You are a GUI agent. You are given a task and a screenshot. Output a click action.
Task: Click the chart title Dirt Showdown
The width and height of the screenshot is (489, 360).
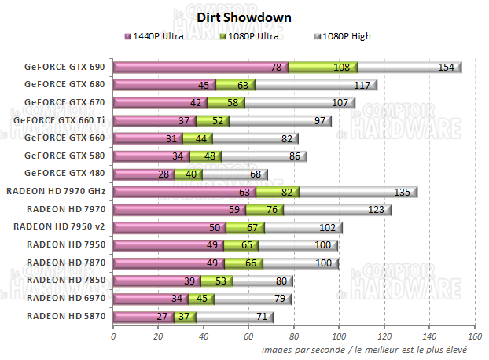(244, 17)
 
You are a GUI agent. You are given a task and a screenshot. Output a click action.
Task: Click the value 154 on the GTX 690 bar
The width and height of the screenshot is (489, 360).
(446, 68)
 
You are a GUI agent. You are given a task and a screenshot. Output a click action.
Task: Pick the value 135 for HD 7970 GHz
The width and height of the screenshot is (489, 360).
(402, 192)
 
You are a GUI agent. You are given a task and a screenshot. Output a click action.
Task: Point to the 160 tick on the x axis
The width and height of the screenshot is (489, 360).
(474, 336)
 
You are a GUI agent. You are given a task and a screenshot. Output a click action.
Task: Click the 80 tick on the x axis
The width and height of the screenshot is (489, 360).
(294, 336)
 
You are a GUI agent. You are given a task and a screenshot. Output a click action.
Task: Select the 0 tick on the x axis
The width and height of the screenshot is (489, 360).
(113, 336)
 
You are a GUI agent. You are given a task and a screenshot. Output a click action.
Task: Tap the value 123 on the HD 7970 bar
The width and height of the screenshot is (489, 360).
(376, 210)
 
